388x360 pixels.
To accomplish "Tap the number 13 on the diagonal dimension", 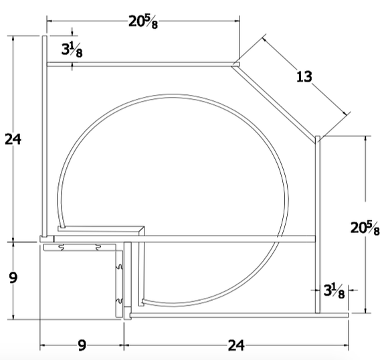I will (304, 76).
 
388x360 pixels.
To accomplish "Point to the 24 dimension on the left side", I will (13, 139).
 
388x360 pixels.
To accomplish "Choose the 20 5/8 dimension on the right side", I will (365, 228).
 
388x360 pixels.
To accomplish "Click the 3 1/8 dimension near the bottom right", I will (334, 290).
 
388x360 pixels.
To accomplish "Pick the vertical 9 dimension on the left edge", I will (13, 276).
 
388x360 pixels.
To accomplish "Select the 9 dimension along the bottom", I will (82, 345).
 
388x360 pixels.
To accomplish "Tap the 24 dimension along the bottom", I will (235, 345).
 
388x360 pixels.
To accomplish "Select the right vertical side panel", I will (319, 224).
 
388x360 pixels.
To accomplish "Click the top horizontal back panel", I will (140, 64).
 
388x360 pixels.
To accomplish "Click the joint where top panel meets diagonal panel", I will (236, 64).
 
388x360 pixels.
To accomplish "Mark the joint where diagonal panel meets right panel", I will (318, 139).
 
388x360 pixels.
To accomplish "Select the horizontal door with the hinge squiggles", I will (80, 248).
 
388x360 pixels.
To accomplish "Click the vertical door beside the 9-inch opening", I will (121, 281).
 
